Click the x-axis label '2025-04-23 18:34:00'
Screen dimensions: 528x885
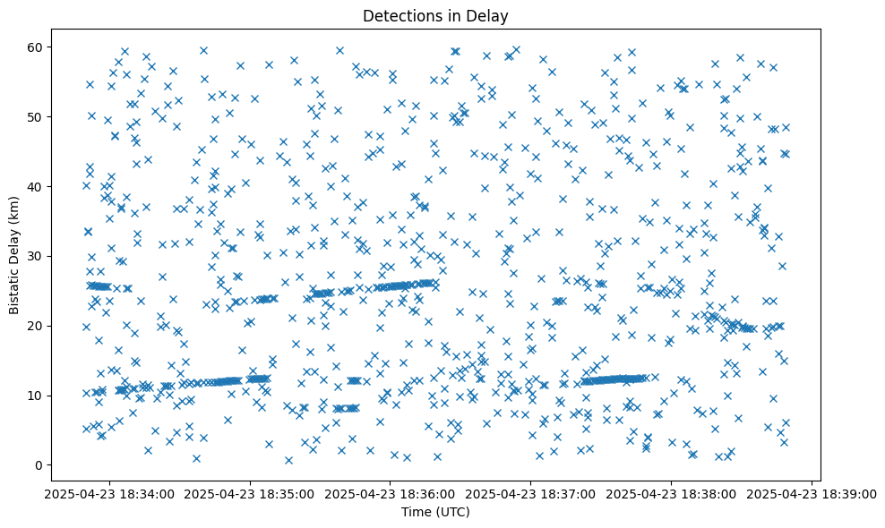(109, 494)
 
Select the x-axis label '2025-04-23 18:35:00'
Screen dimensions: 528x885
(250, 494)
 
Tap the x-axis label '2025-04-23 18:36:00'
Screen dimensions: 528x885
(391, 494)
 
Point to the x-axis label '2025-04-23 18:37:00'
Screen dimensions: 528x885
(531, 494)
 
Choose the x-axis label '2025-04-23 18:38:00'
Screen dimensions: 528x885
(672, 494)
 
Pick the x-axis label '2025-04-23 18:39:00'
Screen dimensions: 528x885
(812, 494)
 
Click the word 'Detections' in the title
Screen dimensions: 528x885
(396, 15)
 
